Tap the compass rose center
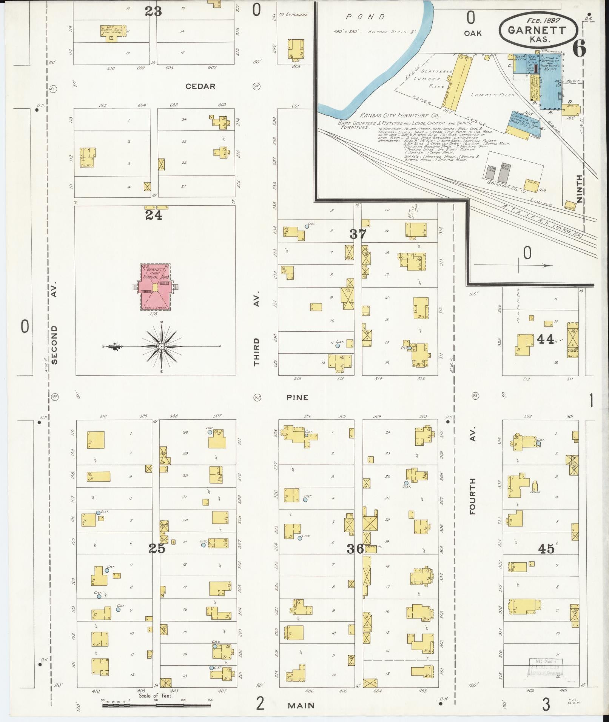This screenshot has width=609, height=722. coord(162,346)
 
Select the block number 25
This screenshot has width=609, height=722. coord(157,548)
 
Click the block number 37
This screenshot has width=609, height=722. coord(358,234)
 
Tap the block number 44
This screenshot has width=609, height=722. coord(546,339)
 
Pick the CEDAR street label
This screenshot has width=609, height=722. coord(200,86)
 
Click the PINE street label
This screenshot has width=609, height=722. coord(297,397)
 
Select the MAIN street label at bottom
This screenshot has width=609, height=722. coord(301,705)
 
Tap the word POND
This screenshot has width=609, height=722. coord(365,17)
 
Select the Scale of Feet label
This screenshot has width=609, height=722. coord(155,696)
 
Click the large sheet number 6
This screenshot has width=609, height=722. coord(579,48)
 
